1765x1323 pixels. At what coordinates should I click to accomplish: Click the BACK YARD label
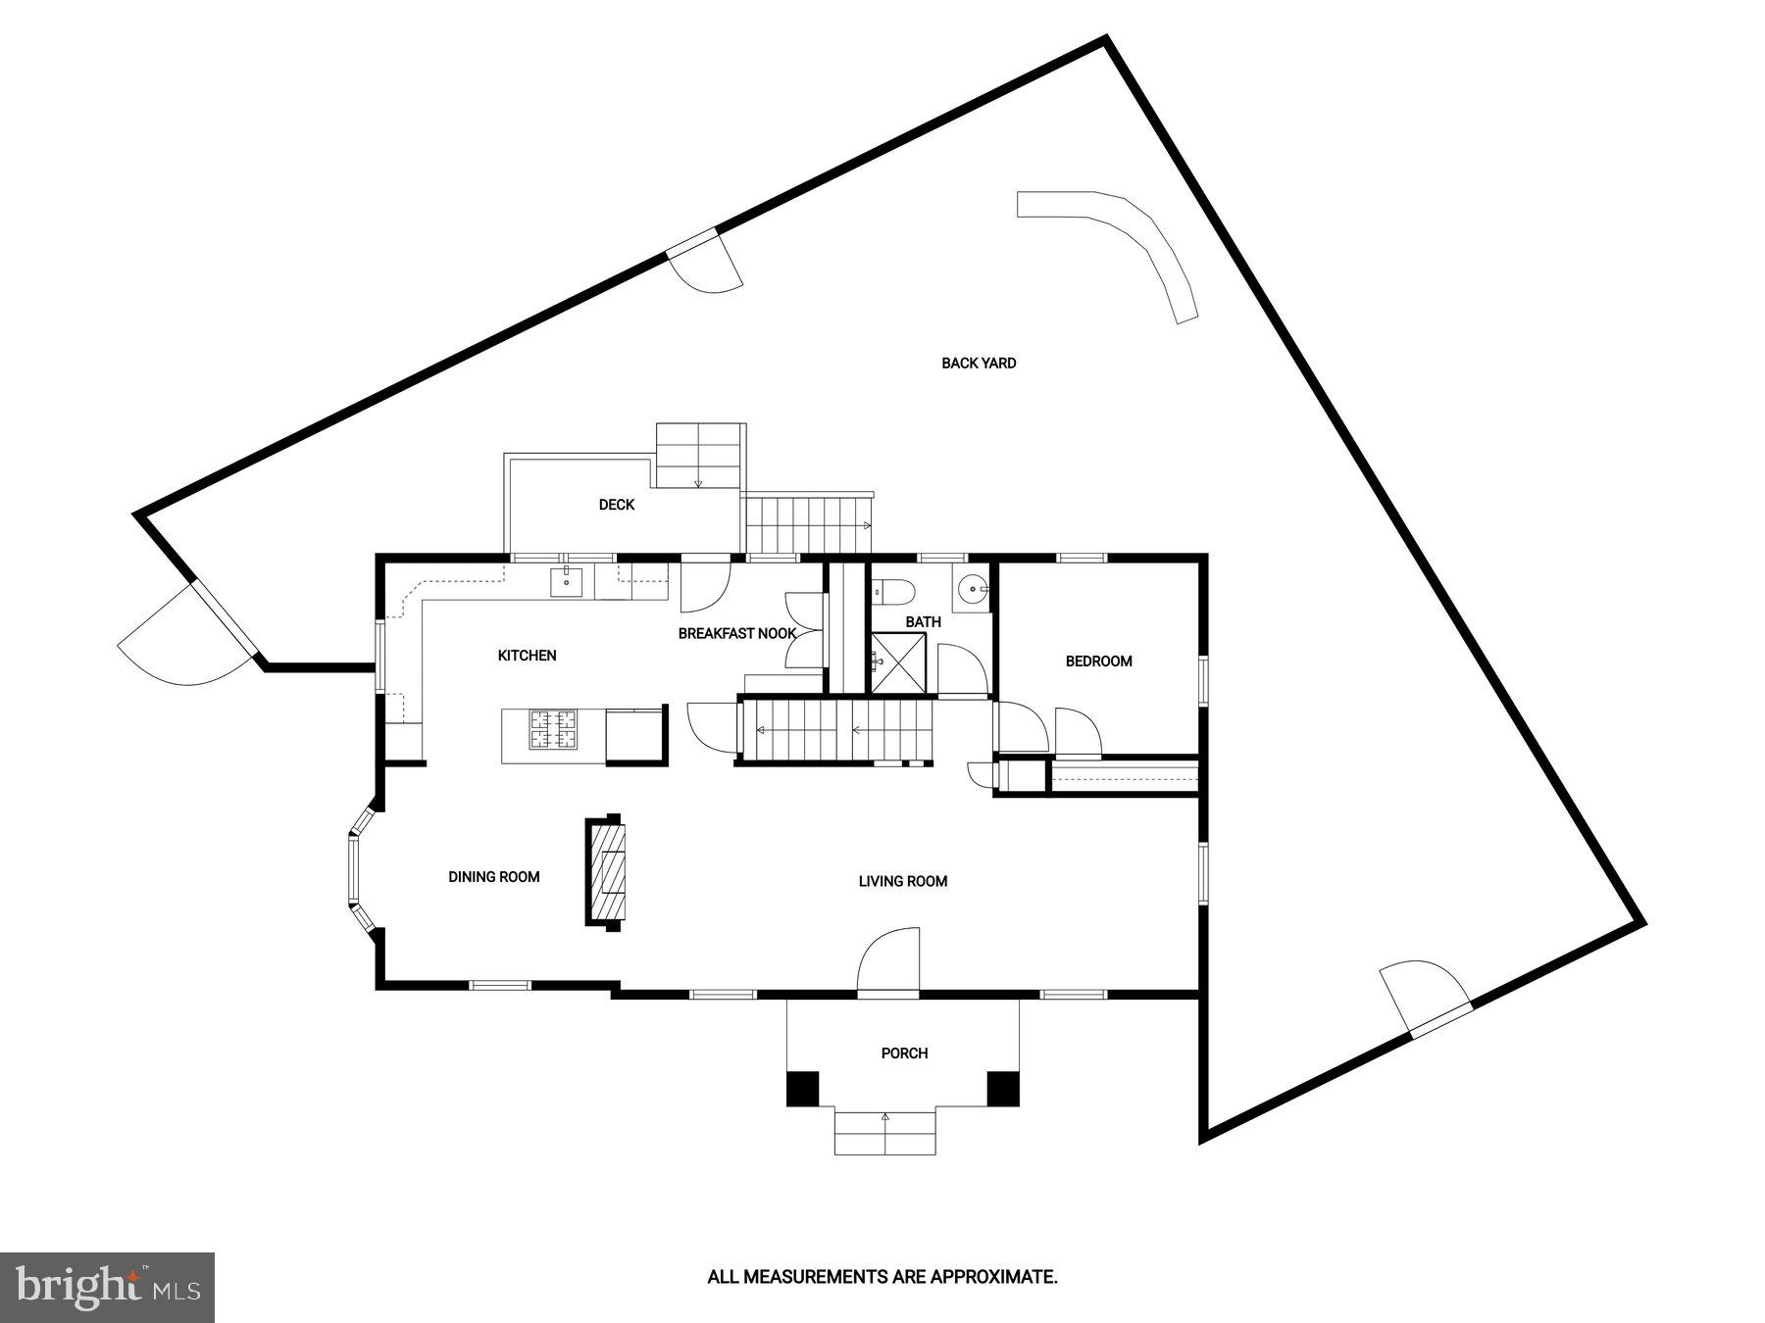click(979, 364)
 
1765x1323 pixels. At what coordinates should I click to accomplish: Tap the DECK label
click(617, 505)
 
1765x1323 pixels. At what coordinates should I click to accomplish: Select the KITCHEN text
click(528, 656)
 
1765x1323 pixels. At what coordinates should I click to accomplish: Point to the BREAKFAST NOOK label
click(737, 634)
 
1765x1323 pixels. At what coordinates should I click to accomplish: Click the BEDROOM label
click(1098, 661)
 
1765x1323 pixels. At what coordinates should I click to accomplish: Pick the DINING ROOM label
click(494, 877)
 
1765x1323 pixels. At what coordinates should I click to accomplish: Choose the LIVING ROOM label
click(903, 881)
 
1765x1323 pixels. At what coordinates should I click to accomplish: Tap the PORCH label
click(904, 1053)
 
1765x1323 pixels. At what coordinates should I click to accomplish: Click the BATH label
click(923, 622)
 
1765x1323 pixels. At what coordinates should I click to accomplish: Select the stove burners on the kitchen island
click(554, 730)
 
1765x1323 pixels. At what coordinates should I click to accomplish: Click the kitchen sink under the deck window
click(567, 581)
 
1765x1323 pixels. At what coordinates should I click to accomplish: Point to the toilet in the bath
click(894, 591)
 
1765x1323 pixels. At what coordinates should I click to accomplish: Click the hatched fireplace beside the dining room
click(606, 871)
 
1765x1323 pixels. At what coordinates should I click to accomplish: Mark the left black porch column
click(802, 1089)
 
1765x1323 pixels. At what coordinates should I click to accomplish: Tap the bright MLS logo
click(107, 1287)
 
